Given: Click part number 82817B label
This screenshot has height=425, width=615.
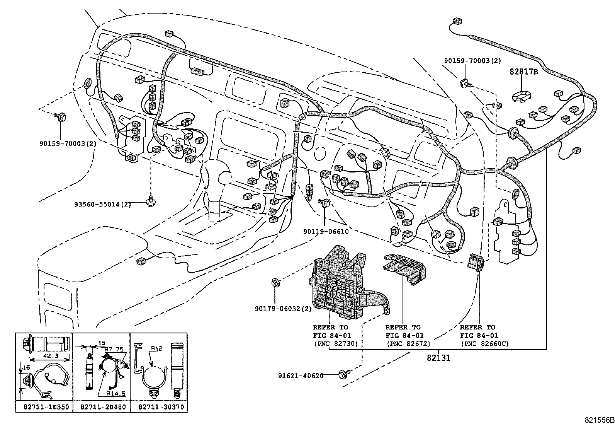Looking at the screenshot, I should (x=523, y=72).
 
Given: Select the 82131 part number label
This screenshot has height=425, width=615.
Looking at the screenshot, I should (x=438, y=358).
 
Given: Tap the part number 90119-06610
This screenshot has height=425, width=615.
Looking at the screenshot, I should (x=326, y=232).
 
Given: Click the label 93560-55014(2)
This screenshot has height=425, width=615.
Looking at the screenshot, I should (x=103, y=204).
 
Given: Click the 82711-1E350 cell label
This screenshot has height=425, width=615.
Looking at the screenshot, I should (x=44, y=407).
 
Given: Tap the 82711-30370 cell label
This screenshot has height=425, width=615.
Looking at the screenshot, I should (x=159, y=407).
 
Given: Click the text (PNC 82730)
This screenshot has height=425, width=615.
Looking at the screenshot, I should (x=335, y=343).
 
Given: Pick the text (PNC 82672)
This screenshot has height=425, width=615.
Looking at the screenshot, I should (x=408, y=343).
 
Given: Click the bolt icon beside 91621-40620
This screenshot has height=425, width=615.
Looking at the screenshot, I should (x=342, y=374).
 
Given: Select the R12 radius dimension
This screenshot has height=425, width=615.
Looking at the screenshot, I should (x=156, y=348).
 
